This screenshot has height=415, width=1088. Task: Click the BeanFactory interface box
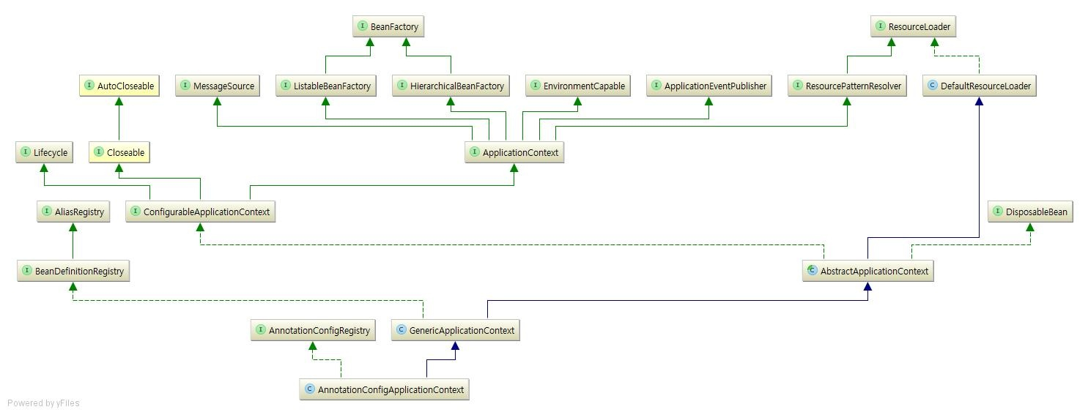pos(388,27)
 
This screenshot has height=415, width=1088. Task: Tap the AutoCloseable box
pos(119,86)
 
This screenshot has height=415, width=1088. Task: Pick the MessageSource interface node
pos(217,86)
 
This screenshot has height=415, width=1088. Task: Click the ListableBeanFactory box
pos(326,86)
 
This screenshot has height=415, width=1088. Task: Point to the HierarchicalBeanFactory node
pos(451,86)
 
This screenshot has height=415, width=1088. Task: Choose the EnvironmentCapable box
pos(577,86)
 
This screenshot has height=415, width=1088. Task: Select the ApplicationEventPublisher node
pos(708,86)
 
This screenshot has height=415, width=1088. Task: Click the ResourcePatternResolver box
pos(847,86)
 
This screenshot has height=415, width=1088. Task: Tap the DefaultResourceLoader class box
pos(979,86)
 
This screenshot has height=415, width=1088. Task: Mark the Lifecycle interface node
pos(44,153)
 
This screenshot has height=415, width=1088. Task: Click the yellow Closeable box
pos(119,153)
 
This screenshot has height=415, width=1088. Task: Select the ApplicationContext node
pos(514,153)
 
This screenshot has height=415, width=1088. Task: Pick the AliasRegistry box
pos(73,212)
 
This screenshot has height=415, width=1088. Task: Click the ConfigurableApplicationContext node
pos(200,212)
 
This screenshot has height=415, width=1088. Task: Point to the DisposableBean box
pos(1030,212)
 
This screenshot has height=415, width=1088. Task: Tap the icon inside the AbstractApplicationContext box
pos(812,271)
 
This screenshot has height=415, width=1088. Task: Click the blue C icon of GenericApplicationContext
pos(401,330)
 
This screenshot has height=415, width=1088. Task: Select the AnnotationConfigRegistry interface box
pos(313,331)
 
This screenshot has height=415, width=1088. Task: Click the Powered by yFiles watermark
pos(43,403)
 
